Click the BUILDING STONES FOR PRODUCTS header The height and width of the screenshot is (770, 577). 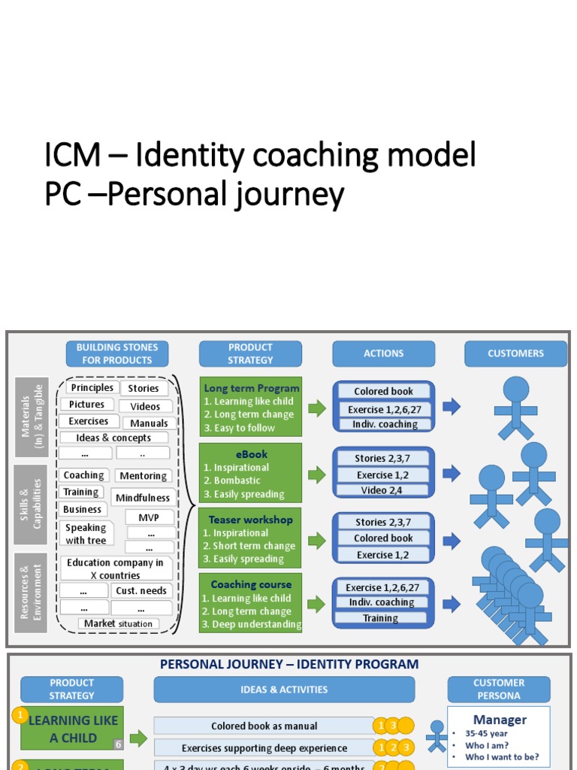[x=118, y=353]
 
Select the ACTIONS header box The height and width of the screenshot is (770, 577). [x=383, y=353]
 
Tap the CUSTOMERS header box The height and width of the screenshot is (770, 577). [x=515, y=353]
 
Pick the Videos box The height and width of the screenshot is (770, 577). [x=145, y=406]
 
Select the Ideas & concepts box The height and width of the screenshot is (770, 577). [x=113, y=438]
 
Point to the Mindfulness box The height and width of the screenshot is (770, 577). [x=143, y=498]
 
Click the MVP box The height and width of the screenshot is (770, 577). [x=148, y=517]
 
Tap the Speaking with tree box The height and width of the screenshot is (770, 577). [x=86, y=534]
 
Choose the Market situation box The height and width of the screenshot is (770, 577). [x=118, y=623]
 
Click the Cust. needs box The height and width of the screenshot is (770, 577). [x=142, y=590]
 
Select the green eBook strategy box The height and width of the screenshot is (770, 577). [x=250, y=474]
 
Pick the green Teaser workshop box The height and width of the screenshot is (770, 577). [x=250, y=539]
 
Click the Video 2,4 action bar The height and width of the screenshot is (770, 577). [x=383, y=490]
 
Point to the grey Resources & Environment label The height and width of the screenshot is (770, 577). [x=31, y=593]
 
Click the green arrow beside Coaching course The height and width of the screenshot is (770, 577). [x=316, y=604]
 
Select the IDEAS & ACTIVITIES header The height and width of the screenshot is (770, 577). [x=284, y=689]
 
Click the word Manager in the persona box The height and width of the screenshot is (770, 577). [x=500, y=720]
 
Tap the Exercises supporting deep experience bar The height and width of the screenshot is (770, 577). [x=264, y=748]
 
